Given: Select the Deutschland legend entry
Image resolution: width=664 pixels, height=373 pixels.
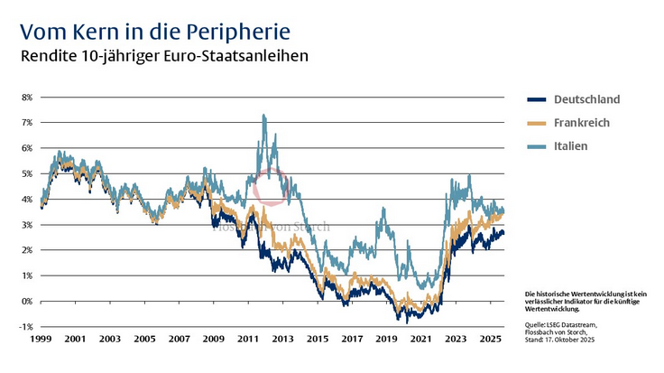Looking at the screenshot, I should pyautogui.click(x=586, y=99).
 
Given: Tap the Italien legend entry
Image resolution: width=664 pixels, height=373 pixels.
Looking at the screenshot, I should pyautogui.click(x=571, y=146).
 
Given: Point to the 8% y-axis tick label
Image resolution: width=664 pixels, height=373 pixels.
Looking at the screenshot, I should pyautogui.click(x=26, y=97).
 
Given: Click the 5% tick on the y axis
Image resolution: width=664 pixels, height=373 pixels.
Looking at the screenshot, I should pyautogui.click(x=26, y=173).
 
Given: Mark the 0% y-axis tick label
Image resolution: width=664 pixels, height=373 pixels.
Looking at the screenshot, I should pyautogui.click(x=26, y=301).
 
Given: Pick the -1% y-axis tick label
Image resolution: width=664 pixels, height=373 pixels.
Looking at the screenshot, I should pyautogui.click(x=25, y=326).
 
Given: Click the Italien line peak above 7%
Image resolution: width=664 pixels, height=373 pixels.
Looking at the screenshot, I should pyautogui.click(x=263, y=116).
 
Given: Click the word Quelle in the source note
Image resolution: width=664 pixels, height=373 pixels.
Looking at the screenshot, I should pyautogui.click(x=534, y=323).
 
